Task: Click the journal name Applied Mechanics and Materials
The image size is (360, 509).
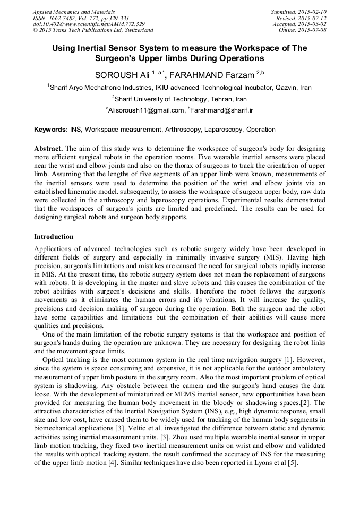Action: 74,12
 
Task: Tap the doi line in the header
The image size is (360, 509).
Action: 89,24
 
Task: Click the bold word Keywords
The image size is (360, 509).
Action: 50,130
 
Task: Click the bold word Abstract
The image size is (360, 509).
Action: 48,149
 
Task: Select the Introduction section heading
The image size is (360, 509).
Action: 54,236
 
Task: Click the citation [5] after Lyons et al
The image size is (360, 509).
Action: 293,462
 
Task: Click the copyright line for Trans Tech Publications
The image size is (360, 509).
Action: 93,30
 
